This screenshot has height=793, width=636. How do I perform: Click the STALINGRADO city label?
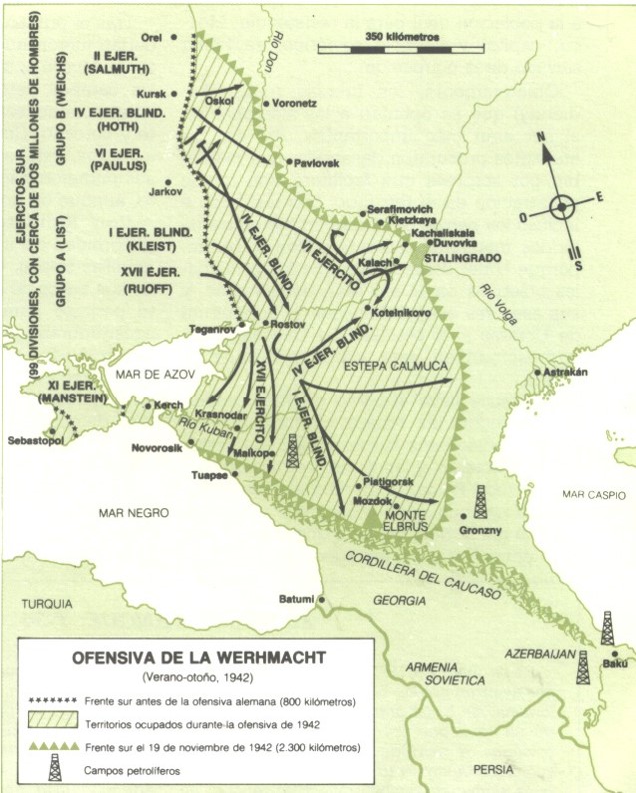(x=464, y=256)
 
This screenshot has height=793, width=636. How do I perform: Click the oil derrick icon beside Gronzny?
(x=481, y=498)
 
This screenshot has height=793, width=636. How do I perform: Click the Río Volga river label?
(x=490, y=298)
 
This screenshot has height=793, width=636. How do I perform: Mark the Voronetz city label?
(x=297, y=103)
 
